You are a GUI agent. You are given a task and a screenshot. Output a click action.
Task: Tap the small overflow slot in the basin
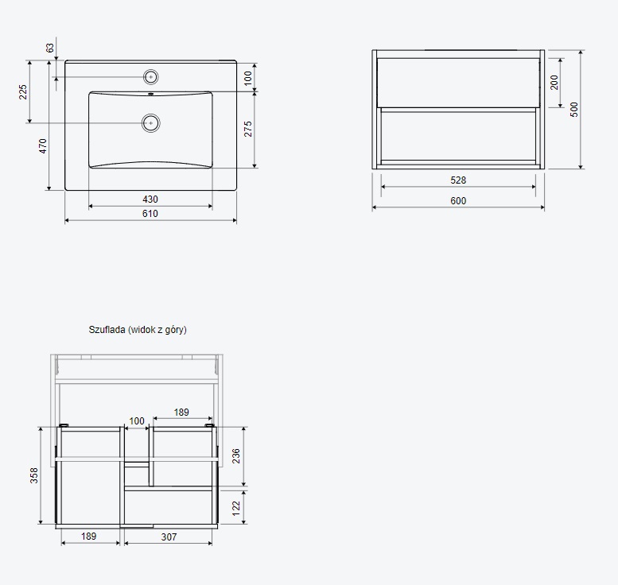150,94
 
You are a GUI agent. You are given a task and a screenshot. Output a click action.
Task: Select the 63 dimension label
50,48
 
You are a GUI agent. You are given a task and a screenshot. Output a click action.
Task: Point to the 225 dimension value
23,91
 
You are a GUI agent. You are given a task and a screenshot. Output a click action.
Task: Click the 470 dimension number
43,145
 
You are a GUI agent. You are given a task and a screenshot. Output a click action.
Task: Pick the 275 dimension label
248,130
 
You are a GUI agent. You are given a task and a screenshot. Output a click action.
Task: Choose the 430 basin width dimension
150,200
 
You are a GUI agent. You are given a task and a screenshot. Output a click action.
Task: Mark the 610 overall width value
150,214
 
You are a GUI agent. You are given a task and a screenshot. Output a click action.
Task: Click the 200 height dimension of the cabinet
554,83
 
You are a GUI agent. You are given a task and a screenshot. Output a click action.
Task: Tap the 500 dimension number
574,109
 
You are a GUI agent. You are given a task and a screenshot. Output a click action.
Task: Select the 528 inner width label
458,180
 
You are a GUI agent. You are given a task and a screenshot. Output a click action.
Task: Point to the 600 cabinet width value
458,201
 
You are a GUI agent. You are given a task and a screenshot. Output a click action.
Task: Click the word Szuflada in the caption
107,330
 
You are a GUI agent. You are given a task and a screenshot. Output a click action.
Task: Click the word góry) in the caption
176,330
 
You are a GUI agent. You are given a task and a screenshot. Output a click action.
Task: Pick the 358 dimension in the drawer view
34,475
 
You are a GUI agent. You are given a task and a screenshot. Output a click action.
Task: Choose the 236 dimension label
235,455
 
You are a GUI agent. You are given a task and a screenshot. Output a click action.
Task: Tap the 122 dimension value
235,508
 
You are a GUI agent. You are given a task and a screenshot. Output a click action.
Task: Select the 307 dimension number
169,537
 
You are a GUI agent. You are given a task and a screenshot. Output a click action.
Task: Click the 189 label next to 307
88,537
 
